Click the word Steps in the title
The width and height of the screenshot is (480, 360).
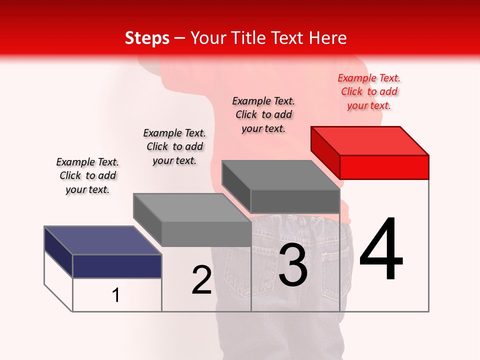click(147, 38)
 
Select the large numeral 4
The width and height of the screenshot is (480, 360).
click(381, 250)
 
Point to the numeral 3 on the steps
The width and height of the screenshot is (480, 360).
click(293, 265)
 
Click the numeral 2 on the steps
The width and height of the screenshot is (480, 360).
click(201, 280)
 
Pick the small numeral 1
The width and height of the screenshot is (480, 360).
click(116, 295)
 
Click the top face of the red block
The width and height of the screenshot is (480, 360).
click(370, 141)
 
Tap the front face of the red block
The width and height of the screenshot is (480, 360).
click(384, 167)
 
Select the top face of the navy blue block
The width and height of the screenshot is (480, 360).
click(102, 240)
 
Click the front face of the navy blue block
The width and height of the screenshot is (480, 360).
click(117, 266)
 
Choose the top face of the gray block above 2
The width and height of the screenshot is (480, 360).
click(192, 207)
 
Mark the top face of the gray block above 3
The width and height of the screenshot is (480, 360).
click(281, 175)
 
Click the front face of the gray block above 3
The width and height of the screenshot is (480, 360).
click(295, 201)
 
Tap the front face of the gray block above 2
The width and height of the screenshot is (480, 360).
click(206, 234)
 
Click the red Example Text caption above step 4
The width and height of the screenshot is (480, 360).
click(369, 91)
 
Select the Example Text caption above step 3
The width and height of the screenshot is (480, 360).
click(263, 114)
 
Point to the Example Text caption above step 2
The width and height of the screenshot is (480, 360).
click(174, 146)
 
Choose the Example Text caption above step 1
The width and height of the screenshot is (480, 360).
click(87, 175)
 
